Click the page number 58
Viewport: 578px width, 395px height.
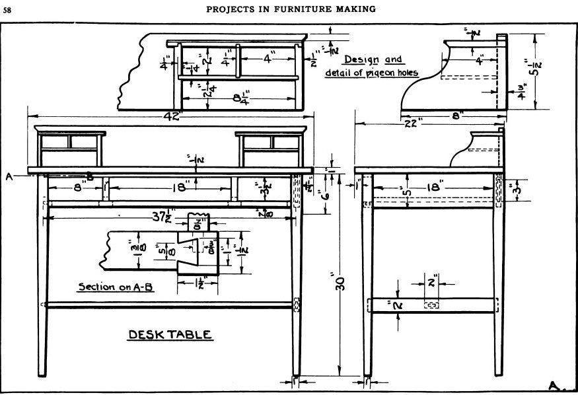click(7, 9)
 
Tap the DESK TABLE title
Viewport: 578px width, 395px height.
click(170, 334)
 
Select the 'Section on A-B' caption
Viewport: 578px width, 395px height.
click(116, 287)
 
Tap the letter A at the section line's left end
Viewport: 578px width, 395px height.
click(9, 176)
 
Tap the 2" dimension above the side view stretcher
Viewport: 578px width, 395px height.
click(431, 283)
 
